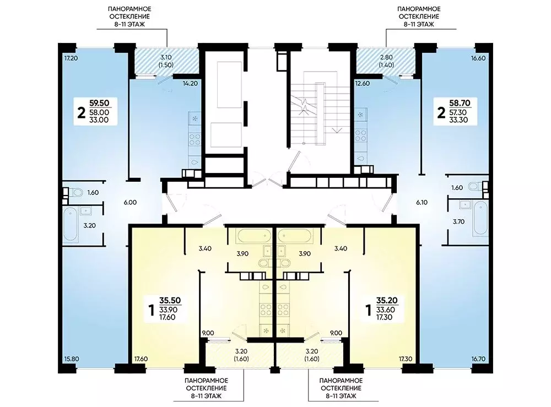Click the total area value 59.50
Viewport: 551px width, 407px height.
click(99, 103)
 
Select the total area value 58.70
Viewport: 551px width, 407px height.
click(460, 103)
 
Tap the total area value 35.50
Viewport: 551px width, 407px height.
click(170, 300)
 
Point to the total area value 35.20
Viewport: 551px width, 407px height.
click(387, 300)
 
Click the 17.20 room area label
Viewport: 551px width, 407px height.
click(71, 58)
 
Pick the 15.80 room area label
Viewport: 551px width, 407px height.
click(71, 359)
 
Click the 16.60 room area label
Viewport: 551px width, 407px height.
click(478, 58)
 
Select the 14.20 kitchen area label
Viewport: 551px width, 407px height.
click(190, 84)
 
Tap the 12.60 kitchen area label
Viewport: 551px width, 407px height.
click(363, 84)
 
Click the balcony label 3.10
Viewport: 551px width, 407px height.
click(166, 57)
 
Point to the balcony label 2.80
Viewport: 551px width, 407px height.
click(386, 57)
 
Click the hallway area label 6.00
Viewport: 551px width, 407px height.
click(130, 202)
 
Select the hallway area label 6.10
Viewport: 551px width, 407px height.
click(422, 202)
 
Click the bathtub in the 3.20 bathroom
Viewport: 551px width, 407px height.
click(71, 224)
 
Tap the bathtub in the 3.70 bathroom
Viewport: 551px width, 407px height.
click(480, 218)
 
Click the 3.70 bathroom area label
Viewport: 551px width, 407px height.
click(458, 221)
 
